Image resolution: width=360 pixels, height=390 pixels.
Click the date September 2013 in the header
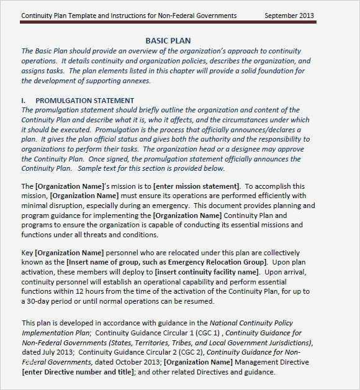coord(289,16)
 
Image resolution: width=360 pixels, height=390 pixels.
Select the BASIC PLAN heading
coord(168,40)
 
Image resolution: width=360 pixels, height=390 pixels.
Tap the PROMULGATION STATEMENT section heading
coord(84,100)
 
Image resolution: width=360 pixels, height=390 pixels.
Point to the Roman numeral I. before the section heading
coord(24,100)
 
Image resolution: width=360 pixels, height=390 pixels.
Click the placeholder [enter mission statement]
coord(198,186)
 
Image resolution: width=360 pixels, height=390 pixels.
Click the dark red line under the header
coord(168,24)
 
